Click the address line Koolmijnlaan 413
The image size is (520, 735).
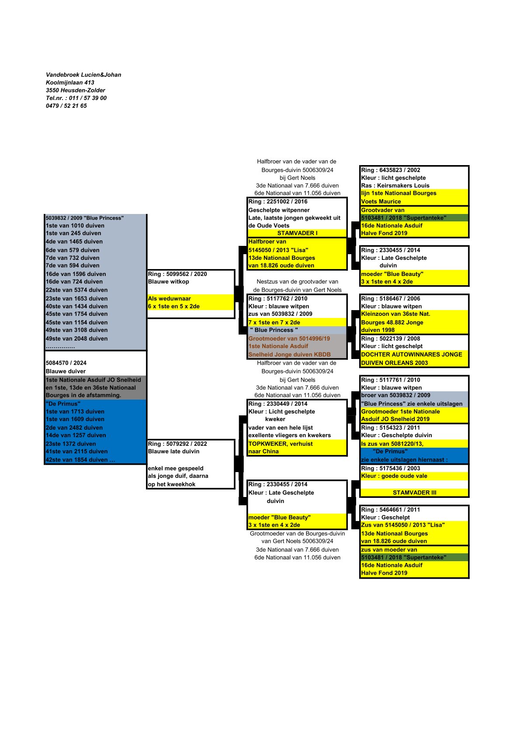(x=70, y=83)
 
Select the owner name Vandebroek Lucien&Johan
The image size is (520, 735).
(x=83, y=75)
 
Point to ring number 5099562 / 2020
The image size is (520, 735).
(x=177, y=274)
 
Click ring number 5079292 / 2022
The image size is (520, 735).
(x=177, y=444)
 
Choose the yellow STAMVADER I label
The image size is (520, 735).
(x=297, y=233)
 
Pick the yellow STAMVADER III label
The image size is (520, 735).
(x=414, y=493)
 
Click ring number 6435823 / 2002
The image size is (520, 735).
(x=391, y=170)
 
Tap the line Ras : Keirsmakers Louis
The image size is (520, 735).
(x=395, y=186)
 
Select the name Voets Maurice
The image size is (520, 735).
(x=381, y=202)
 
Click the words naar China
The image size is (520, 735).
(x=263, y=452)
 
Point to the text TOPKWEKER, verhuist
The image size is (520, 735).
(x=281, y=444)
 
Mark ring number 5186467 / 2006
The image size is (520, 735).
(x=391, y=299)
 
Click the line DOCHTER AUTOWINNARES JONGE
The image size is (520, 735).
(x=412, y=355)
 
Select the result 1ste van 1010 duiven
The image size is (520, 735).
(x=75, y=226)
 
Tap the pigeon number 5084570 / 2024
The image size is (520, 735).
(x=66, y=363)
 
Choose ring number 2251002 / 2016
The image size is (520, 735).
(x=278, y=202)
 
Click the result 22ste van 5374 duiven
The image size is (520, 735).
(x=76, y=290)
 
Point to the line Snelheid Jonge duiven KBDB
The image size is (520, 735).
(x=289, y=355)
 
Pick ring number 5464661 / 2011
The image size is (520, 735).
(x=391, y=510)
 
